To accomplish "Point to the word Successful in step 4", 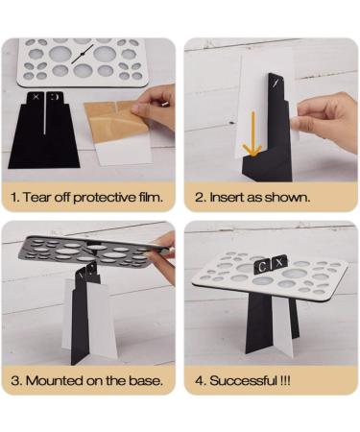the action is [243, 381].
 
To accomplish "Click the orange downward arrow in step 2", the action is [252, 133].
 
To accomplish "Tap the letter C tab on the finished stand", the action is [262, 266].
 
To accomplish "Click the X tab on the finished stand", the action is [279, 263].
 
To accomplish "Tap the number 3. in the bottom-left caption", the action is [16, 381].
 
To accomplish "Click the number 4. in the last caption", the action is [201, 381].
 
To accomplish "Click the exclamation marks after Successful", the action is [285, 381].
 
